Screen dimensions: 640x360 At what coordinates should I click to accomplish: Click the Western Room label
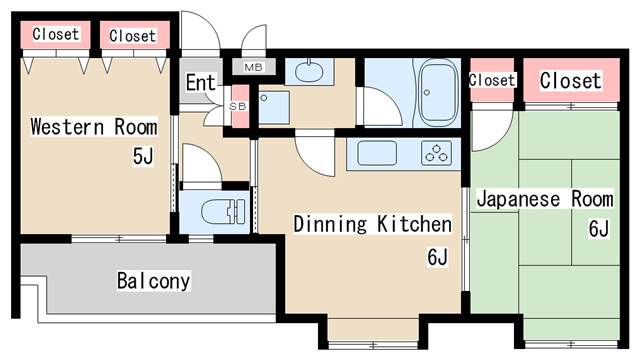[x=94, y=127]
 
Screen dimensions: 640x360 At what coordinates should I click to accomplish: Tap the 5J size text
[x=143, y=156]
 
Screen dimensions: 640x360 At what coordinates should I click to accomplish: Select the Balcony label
[x=153, y=281]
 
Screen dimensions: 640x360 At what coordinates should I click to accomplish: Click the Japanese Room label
[x=545, y=199]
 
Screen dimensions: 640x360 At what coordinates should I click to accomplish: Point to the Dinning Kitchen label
[x=373, y=224]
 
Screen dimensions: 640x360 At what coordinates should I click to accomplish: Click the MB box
[x=253, y=67]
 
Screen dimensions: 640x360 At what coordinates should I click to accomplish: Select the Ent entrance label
[x=200, y=83]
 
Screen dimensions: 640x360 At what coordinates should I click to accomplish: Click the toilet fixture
[x=223, y=211]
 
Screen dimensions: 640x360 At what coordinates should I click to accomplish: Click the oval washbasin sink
[x=309, y=72]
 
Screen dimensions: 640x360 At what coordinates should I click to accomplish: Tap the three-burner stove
[x=436, y=153]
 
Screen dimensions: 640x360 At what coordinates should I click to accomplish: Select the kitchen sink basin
[x=377, y=153]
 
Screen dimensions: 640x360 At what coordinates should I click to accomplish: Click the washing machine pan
[x=274, y=107]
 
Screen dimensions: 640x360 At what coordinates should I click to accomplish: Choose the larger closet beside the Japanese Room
[x=571, y=80]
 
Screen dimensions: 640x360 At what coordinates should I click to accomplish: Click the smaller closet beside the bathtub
[x=492, y=80]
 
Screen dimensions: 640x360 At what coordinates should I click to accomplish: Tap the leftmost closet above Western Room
[x=56, y=34]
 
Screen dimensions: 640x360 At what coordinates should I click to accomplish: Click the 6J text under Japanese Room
[x=599, y=229]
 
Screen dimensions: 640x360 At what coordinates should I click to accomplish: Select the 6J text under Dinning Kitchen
[x=438, y=257]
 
